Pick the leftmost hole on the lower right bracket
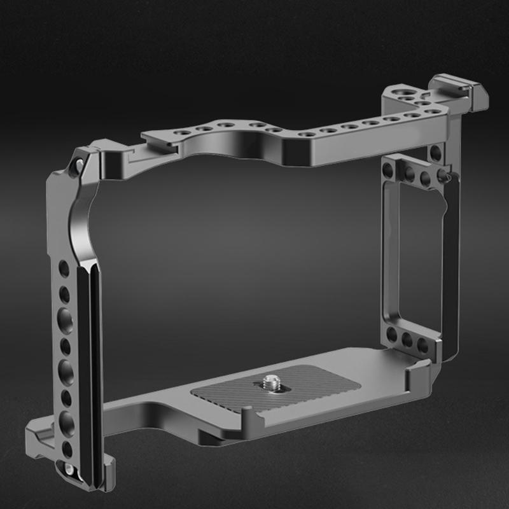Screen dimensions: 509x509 tap(391, 335)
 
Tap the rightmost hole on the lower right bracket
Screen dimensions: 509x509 tap(422, 345)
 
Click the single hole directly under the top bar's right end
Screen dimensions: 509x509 tap(435, 153)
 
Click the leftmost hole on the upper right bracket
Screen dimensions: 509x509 tap(388, 169)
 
